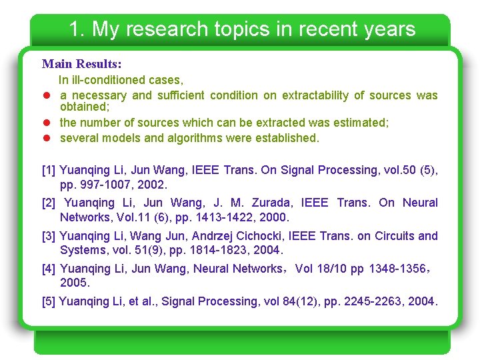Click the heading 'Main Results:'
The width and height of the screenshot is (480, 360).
coord(81,64)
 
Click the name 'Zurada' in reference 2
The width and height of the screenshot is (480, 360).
coord(271,203)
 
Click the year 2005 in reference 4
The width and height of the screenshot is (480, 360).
coord(74,283)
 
